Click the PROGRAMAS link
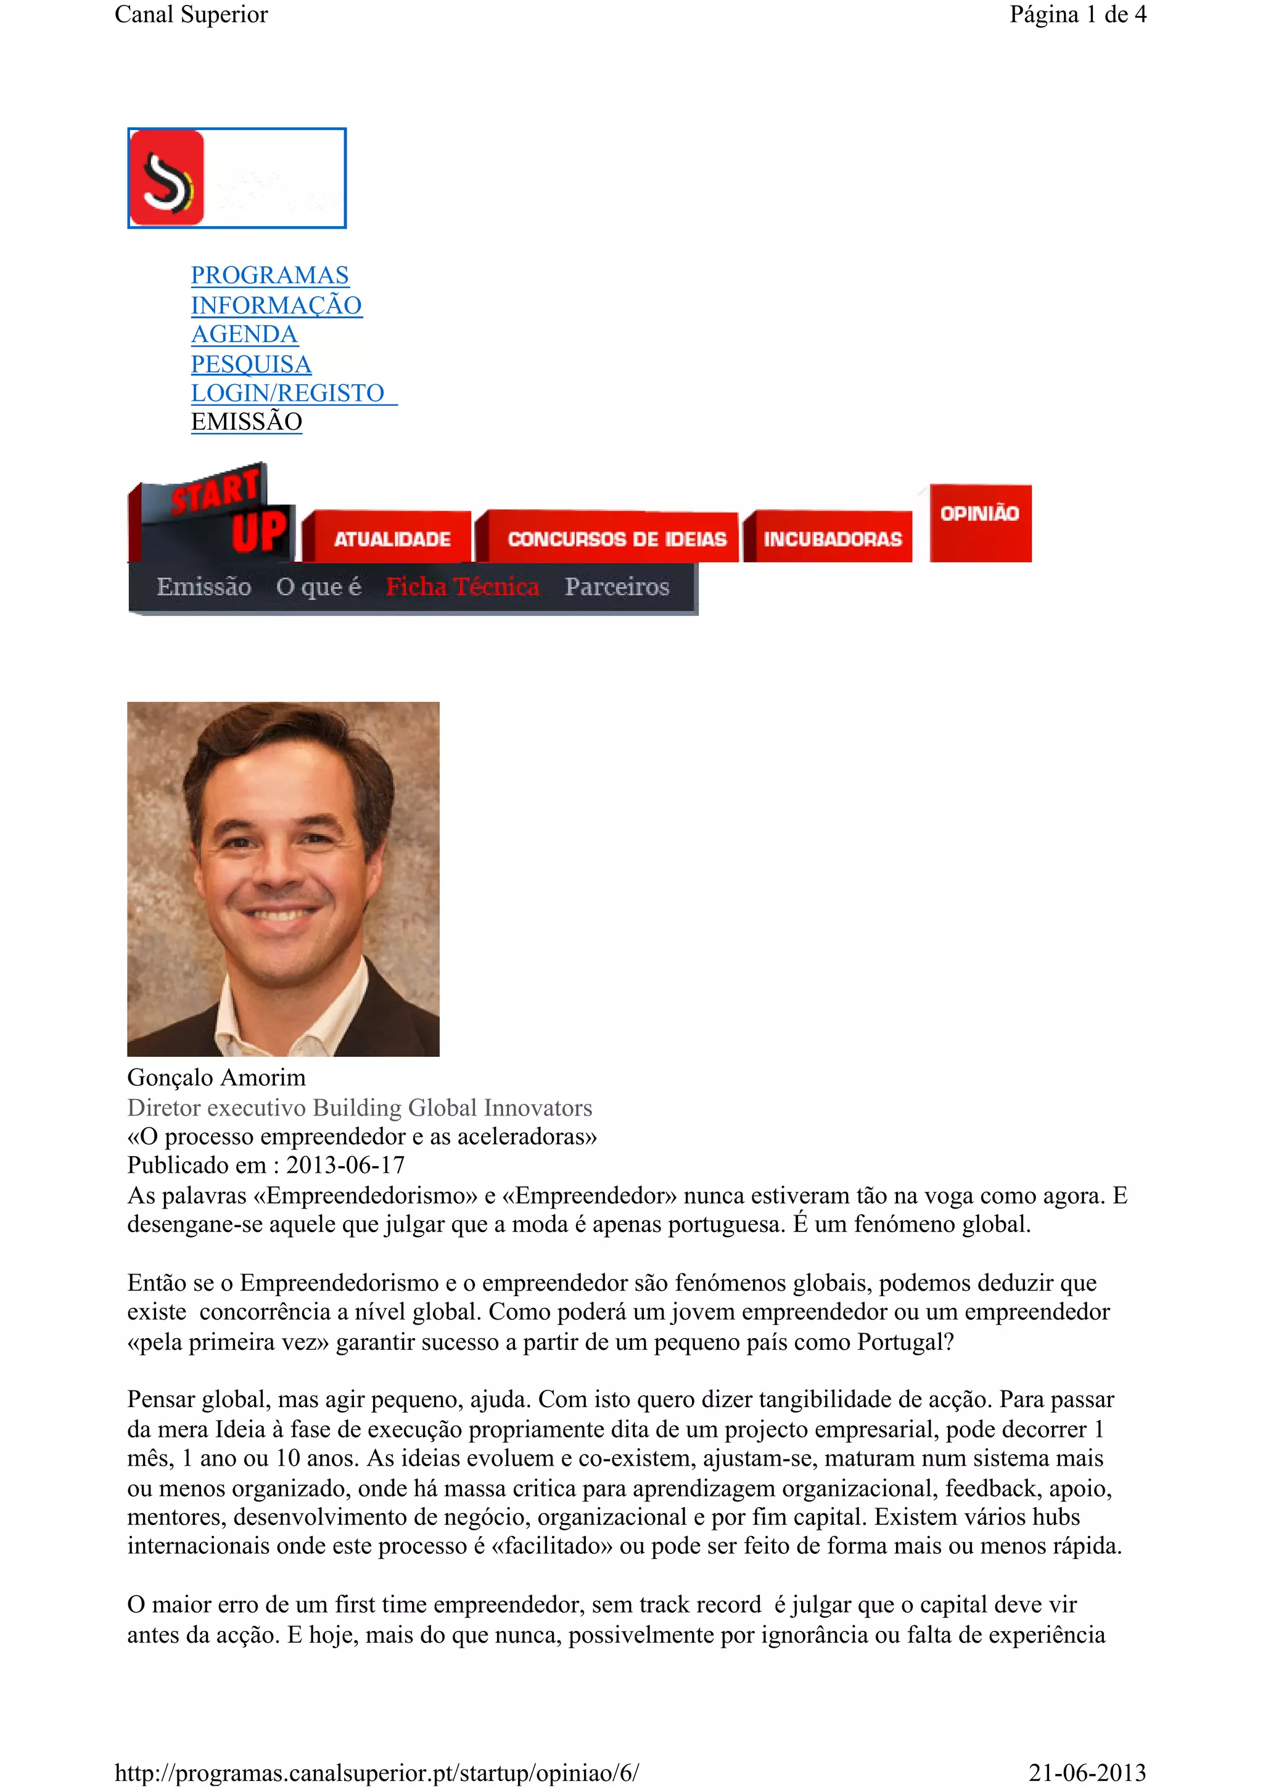point(269,276)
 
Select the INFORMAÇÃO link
point(276,305)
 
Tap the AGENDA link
point(244,335)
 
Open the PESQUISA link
point(250,364)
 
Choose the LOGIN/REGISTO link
point(288,393)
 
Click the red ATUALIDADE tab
point(392,538)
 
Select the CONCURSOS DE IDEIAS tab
point(615,538)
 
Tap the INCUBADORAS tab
point(832,538)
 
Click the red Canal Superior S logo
point(167,178)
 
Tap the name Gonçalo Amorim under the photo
point(216,1078)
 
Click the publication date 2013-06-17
point(345,1165)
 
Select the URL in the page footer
point(377,1772)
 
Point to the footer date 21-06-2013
point(1087,1772)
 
